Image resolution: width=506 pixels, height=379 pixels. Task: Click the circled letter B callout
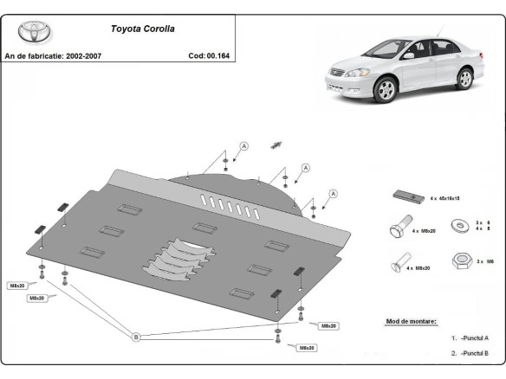pos(135,337)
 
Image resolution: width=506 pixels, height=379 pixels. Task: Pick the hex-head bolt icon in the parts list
pos(396,228)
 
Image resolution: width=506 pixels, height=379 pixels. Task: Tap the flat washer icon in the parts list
pos(457,228)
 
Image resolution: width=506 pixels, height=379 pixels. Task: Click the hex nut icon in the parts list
pos(457,260)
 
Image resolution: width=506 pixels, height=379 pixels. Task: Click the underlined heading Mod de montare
pos(411,321)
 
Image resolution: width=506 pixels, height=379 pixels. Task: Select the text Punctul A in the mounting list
pos(473,338)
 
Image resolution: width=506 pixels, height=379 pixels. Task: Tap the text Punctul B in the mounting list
pos(473,353)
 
